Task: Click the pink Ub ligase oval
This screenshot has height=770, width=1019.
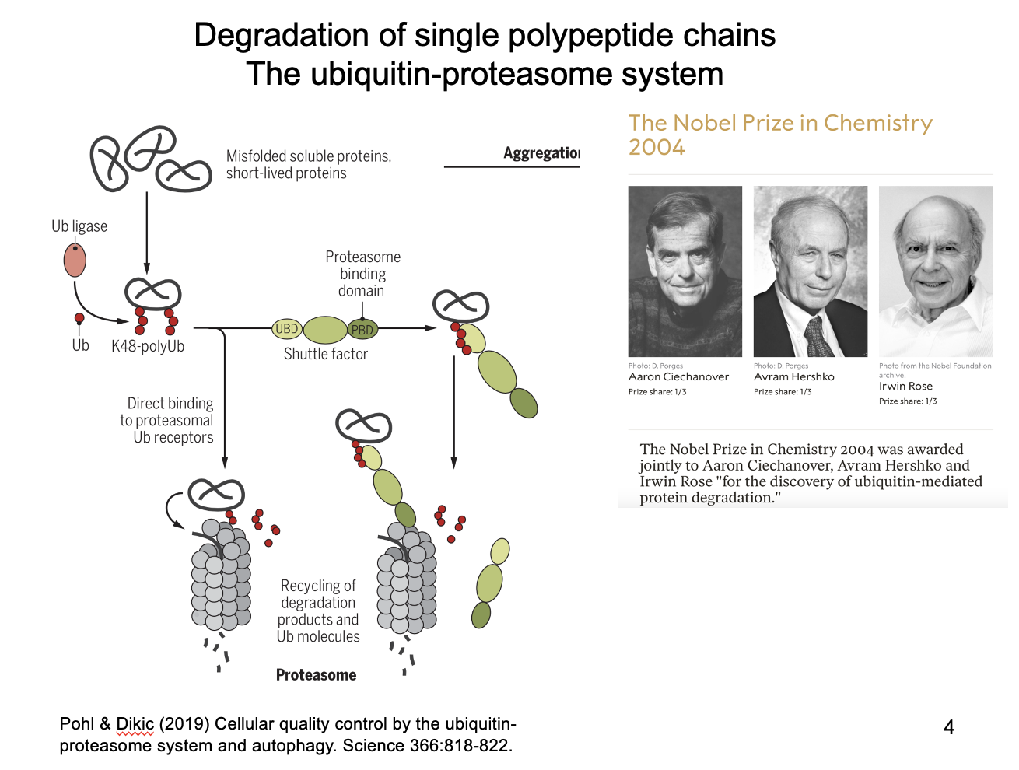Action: pos(75,261)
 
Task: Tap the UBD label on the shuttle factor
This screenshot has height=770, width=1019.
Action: pos(286,329)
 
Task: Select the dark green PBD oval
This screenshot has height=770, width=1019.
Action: pos(362,330)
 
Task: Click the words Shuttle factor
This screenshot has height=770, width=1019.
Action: pos(325,354)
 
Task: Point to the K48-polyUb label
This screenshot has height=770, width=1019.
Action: pos(148,346)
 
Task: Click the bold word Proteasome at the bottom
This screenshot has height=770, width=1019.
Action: pos(316,675)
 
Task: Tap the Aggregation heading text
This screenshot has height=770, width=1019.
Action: pos(541,152)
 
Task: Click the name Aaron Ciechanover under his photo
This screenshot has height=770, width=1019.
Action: pos(678,376)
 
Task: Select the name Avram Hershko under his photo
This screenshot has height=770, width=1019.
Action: pos(793,376)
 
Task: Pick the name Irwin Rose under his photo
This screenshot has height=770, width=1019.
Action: pos(905,386)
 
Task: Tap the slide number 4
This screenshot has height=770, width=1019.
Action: pos(948,727)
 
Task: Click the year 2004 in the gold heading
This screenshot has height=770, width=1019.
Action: pos(657,147)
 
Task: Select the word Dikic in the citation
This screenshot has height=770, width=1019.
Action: pos(135,724)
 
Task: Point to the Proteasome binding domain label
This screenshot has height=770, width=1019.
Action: pos(362,274)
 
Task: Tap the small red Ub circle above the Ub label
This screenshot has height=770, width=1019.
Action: pos(79,318)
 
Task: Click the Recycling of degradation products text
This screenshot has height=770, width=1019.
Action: pos(318,611)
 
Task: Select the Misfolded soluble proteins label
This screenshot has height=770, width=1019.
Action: pos(308,164)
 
